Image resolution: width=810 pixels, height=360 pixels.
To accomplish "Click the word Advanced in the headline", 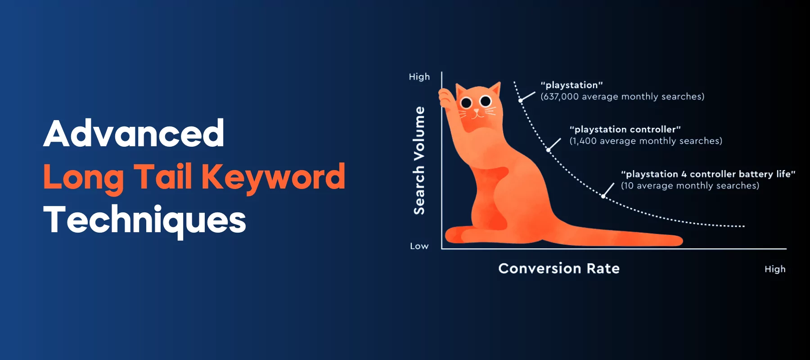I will click(x=134, y=134).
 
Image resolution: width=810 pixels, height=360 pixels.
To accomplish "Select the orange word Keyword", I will click(x=273, y=177).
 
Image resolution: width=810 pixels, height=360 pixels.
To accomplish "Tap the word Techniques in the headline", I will click(x=144, y=220).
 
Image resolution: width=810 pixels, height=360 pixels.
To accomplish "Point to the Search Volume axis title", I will click(x=419, y=160).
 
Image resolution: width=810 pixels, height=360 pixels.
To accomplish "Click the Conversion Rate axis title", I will click(x=559, y=269).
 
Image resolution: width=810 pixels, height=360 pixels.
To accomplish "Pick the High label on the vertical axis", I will click(x=419, y=77).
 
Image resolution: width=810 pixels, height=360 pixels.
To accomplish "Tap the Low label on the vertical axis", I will click(x=419, y=246).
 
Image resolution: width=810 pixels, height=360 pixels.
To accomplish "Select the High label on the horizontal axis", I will click(x=775, y=269).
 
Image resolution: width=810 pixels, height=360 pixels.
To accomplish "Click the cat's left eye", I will click(x=466, y=103).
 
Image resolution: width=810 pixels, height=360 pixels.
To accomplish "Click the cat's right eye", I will click(x=486, y=101).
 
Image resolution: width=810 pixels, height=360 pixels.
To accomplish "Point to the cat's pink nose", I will click(x=477, y=110).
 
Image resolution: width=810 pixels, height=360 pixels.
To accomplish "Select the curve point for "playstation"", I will click(x=521, y=101).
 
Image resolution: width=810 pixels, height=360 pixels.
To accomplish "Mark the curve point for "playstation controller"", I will click(x=548, y=150).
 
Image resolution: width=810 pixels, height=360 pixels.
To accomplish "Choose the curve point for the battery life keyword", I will click(x=603, y=196).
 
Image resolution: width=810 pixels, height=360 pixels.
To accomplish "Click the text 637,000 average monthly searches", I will click(x=622, y=97).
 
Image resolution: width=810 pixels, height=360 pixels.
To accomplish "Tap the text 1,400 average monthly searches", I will click(x=646, y=141).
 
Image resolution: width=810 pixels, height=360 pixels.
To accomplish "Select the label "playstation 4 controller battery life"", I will click(x=708, y=174).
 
